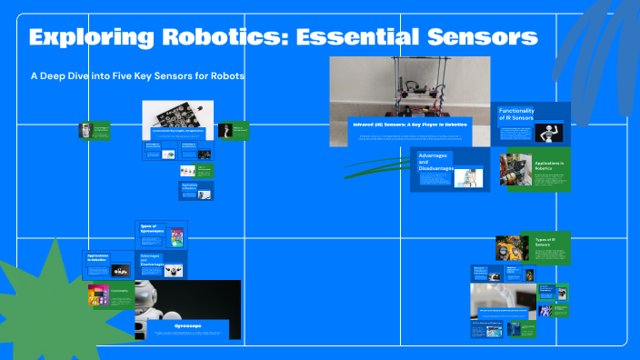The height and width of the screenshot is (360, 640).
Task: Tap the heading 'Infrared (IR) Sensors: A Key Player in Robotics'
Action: [x=408, y=125]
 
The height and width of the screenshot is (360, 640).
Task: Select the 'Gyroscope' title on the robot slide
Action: [x=188, y=325]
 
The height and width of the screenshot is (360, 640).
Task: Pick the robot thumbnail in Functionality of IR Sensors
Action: [x=549, y=134]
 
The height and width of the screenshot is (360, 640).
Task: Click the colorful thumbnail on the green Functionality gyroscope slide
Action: [x=97, y=295]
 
